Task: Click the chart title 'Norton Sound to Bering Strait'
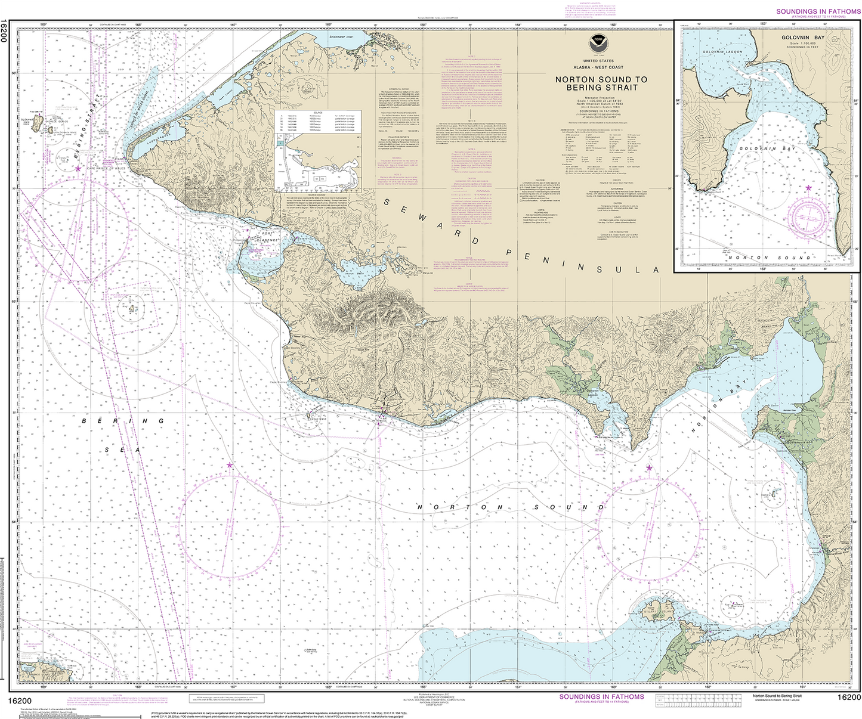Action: coord(601,83)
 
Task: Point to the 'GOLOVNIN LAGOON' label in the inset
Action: coord(722,52)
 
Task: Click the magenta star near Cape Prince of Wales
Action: coord(78,169)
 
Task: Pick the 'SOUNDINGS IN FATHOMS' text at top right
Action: coord(818,11)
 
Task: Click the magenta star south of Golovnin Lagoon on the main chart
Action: coord(649,467)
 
